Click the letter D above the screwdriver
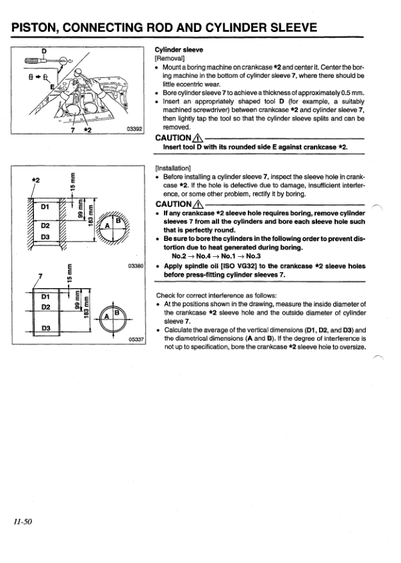(44, 51)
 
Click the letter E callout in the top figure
(53, 86)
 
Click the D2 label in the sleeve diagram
(47, 307)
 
